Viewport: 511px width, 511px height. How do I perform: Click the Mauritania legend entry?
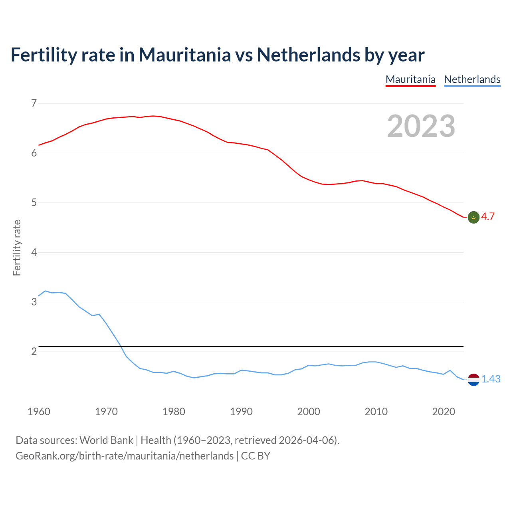click(x=410, y=79)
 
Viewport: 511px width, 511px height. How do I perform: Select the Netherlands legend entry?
click(x=472, y=79)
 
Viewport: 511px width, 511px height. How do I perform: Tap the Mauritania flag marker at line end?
click(x=473, y=217)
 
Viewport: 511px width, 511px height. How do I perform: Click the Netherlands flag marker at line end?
click(x=473, y=380)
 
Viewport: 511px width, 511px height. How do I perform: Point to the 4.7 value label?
click(x=488, y=217)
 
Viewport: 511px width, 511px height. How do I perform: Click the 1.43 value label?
click(x=491, y=379)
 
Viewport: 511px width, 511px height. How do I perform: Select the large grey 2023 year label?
click(x=421, y=127)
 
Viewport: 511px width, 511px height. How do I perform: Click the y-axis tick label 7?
click(x=34, y=103)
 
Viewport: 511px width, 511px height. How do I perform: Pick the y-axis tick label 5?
click(x=34, y=203)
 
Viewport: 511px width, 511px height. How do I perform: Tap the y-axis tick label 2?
click(x=34, y=352)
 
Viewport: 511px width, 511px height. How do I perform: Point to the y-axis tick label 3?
click(x=34, y=302)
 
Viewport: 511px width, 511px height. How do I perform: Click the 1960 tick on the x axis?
click(x=39, y=412)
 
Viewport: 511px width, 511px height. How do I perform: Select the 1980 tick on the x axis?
click(x=174, y=412)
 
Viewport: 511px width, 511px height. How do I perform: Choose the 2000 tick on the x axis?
click(x=309, y=412)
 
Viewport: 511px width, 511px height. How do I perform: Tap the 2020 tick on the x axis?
click(x=444, y=412)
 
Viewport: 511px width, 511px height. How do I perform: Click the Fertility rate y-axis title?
click(x=17, y=248)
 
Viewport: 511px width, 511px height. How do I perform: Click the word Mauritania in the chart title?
click(x=184, y=55)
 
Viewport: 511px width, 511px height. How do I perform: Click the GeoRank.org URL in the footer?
click(x=125, y=456)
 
